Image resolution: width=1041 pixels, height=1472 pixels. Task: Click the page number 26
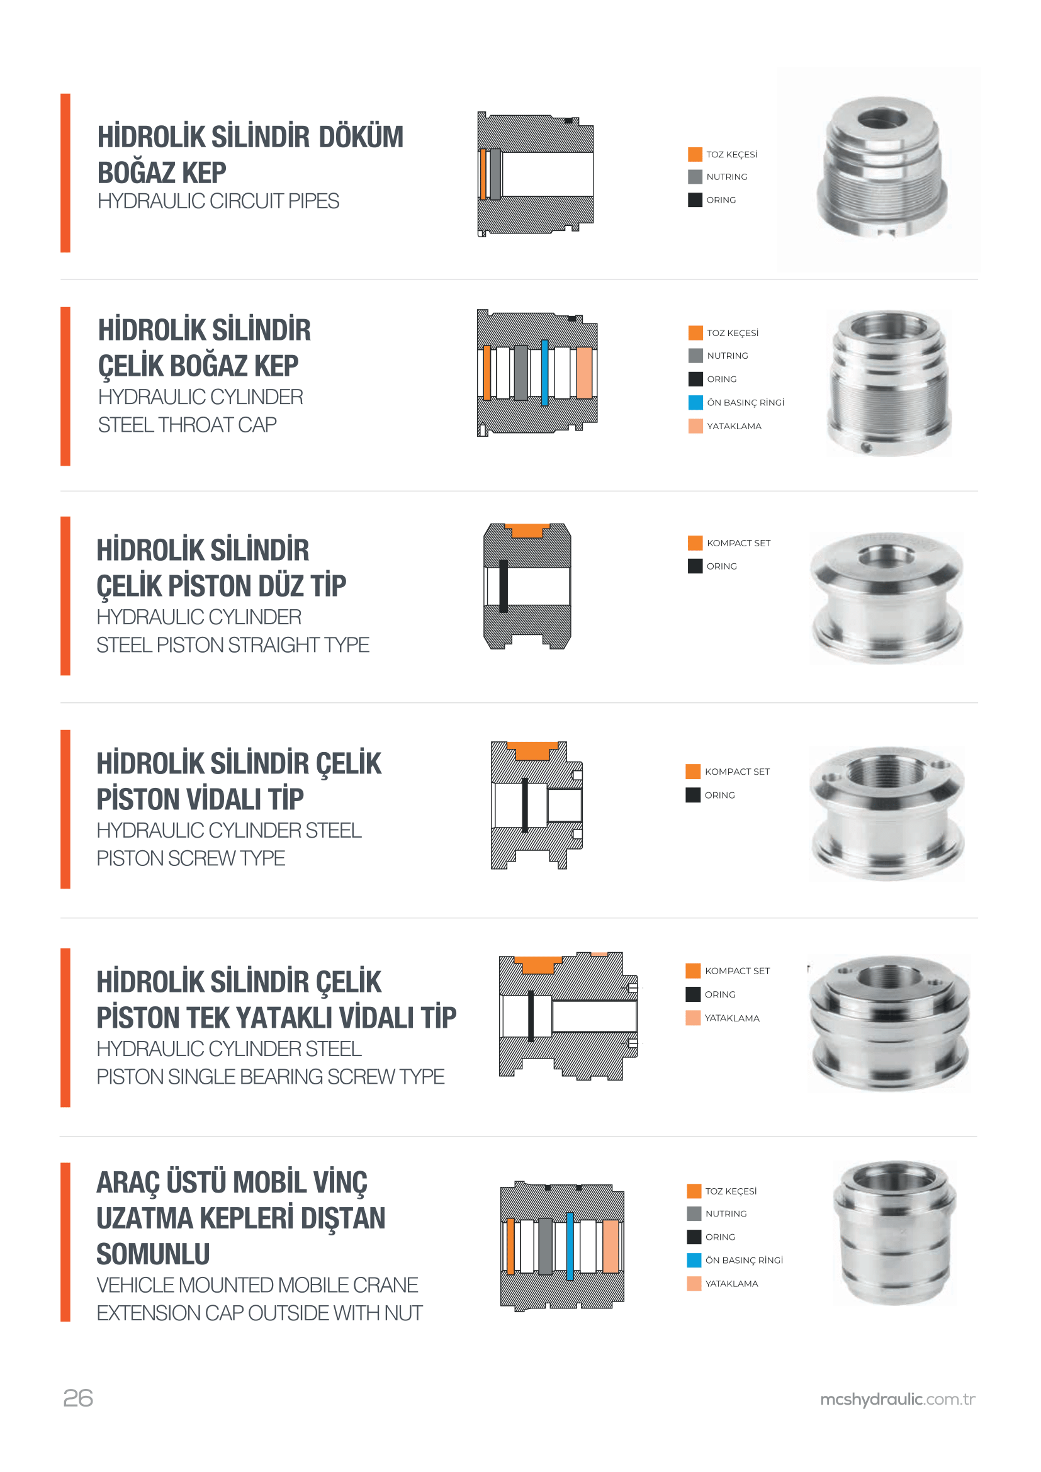point(78,1398)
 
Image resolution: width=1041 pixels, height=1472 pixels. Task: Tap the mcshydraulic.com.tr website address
point(898,1400)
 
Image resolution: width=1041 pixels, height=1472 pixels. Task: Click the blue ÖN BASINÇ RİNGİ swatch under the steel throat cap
point(695,403)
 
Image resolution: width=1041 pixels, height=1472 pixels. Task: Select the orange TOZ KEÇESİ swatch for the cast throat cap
point(695,155)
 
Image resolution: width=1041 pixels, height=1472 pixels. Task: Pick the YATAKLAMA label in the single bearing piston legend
point(732,1018)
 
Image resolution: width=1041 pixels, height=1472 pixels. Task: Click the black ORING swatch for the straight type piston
point(695,566)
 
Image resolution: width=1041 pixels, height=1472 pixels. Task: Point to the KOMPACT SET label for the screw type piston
point(737,772)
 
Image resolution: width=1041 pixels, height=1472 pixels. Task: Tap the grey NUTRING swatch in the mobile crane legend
point(694,1213)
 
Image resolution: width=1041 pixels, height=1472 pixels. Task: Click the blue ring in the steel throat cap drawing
point(545,373)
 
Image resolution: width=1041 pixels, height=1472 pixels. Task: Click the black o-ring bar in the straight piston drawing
point(504,586)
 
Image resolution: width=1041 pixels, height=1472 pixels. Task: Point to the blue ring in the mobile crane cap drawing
point(569,1246)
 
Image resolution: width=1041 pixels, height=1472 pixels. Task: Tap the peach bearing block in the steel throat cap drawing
point(584,373)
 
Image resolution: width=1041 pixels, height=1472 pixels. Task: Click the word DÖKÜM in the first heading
point(361,137)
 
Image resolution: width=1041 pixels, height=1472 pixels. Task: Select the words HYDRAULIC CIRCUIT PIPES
point(218,201)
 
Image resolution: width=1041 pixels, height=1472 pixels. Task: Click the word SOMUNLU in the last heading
point(153,1255)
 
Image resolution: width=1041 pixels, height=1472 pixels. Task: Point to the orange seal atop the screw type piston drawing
point(532,751)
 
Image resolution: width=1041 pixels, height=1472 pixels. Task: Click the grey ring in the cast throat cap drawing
point(495,174)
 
